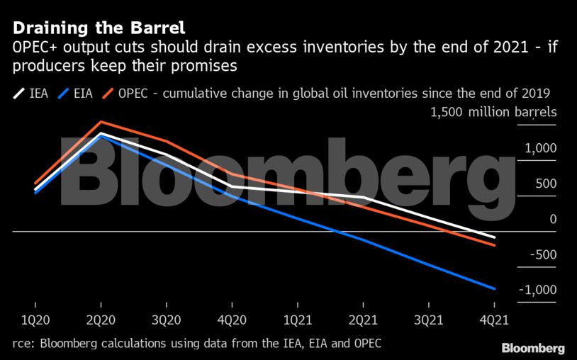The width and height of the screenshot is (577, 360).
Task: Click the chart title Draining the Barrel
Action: click(99, 28)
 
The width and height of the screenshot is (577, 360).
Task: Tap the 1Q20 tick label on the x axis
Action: click(36, 320)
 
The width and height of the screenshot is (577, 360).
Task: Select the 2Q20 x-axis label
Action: click(101, 320)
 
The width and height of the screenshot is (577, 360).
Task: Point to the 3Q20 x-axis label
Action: click(167, 320)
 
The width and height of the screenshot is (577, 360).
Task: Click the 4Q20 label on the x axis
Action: click(232, 320)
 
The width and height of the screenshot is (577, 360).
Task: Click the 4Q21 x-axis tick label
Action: click(493, 320)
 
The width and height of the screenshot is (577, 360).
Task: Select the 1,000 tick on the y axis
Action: click(541, 149)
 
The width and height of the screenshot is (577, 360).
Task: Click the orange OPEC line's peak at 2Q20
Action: click(101, 122)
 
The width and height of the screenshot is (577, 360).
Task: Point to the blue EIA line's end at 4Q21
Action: click(493, 288)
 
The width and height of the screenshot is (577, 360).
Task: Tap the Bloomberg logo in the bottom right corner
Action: click(533, 348)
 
